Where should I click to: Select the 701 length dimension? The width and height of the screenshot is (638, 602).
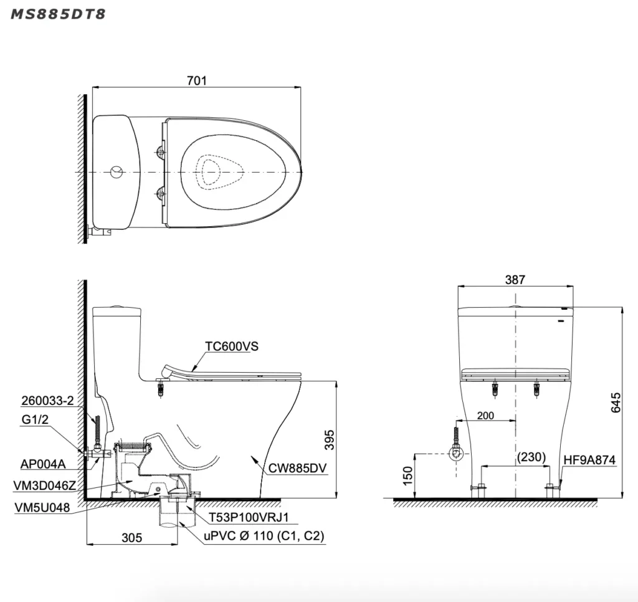(x=197, y=80)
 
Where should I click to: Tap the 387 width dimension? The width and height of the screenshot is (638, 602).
(x=515, y=280)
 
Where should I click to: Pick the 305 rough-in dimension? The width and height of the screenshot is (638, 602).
(x=131, y=537)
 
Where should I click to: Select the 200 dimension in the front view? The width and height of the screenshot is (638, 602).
(x=487, y=415)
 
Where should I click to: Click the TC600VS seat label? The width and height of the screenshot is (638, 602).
(x=231, y=346)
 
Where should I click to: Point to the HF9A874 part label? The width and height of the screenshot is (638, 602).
(x=589, y=460)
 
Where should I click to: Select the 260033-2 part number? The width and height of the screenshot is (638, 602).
(x=47, y=401)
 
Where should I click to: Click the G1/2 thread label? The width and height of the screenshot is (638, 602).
(x=35, y=420)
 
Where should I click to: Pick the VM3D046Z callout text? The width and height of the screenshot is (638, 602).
(x=45, y=485)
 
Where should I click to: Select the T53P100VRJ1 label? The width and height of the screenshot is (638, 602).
(x=244, y=517)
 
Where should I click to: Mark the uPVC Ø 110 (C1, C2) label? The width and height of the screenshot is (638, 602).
(x=262, y=536)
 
